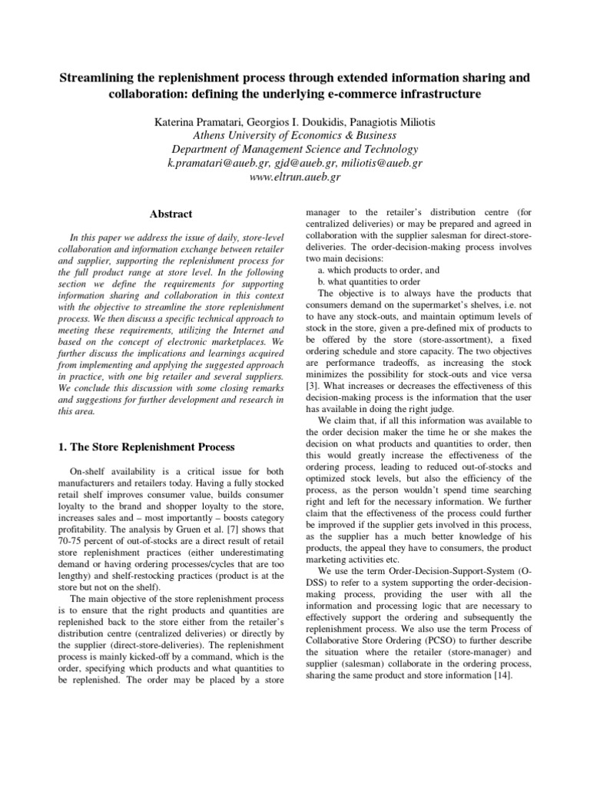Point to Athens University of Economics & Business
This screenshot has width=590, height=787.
pyautogui.click(x=295, y=136)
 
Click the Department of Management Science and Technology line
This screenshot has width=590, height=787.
pyautogui.click(x=295, y=150)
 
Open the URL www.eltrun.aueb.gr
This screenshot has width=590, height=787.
pyautogui.click(x=295, y=178)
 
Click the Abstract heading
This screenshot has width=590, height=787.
pyautogui.click(x=171, y=214)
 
